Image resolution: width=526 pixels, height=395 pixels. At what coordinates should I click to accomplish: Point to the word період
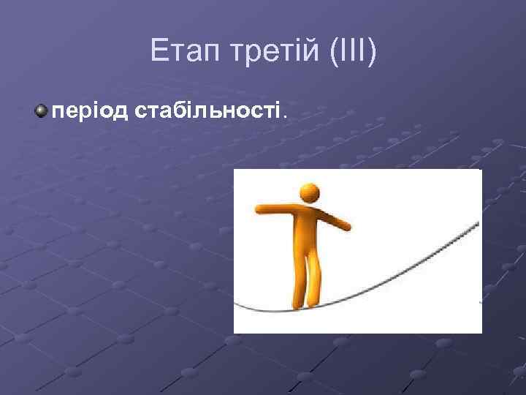88,111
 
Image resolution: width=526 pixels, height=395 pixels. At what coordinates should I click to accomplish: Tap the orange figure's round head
310,193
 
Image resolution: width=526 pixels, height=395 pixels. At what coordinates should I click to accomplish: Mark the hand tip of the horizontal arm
257,209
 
